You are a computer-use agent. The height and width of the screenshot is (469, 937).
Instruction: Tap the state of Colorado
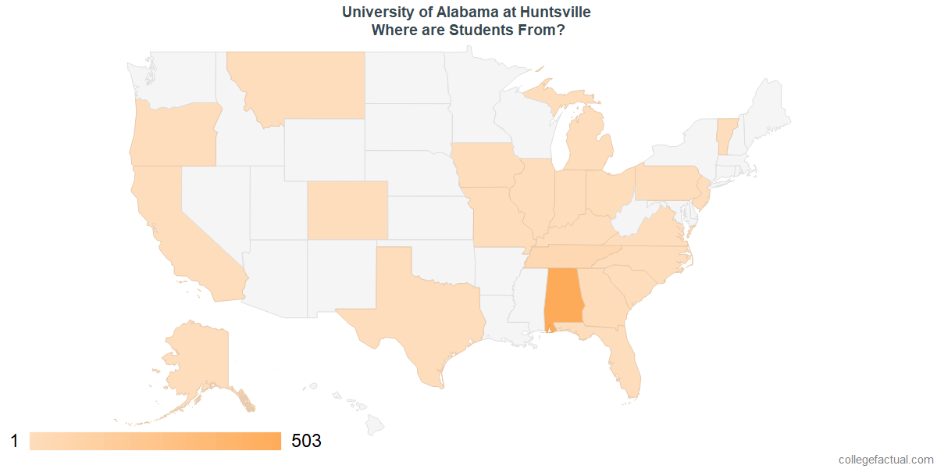(x=347, y=209)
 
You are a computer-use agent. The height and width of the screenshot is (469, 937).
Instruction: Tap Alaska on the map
(x=195, y=360)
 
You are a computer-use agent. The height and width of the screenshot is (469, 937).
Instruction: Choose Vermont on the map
(x=726, y=133)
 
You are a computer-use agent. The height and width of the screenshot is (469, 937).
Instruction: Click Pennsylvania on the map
(x=668, y=182)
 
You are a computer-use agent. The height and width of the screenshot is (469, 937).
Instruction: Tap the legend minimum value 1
(x=14, y=442)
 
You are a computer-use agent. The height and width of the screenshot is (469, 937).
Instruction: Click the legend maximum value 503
(x=306, y=442)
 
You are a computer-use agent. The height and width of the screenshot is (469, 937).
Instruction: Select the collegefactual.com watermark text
(x=885, y=460)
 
